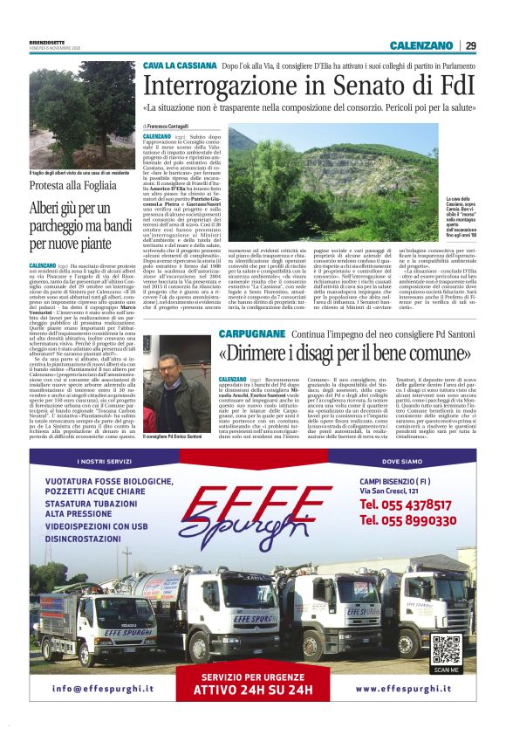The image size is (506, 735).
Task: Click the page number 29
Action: coord(469,45)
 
